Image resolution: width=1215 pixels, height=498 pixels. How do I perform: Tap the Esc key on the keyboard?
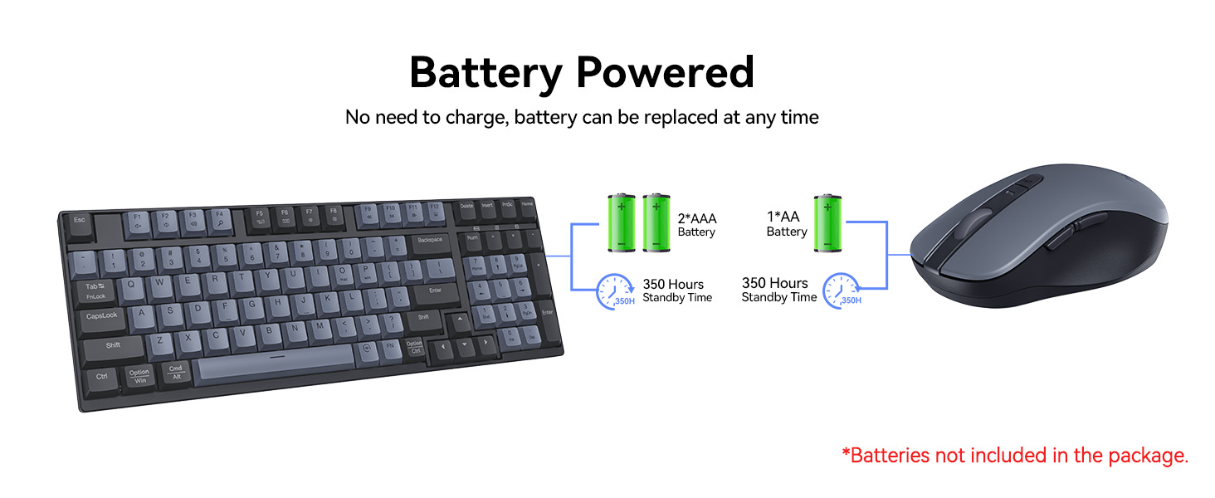point(80,221)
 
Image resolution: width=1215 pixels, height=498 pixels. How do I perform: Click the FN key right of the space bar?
point(389,346)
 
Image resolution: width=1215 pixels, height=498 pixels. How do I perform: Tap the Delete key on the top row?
point(467,206)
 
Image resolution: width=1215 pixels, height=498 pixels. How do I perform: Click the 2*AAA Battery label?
point(696,225)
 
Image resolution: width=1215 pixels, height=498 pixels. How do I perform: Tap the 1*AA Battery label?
point(786,223)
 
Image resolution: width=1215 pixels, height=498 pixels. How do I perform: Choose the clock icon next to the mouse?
point(842,291)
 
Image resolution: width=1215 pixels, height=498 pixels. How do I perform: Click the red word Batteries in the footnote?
point(891,455)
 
